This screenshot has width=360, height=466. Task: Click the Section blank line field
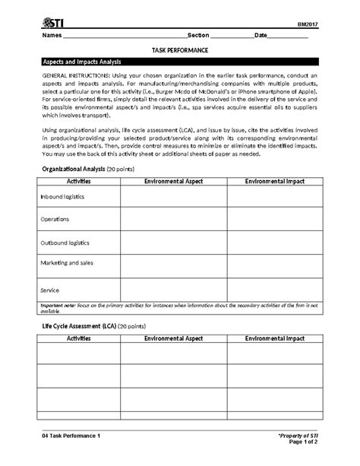[231, 36]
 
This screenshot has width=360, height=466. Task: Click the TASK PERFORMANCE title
[180, 49]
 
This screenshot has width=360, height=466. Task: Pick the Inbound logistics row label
[62, 196]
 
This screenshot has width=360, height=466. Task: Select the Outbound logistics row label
[65, 243]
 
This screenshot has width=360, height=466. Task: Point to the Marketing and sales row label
[67, 265]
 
